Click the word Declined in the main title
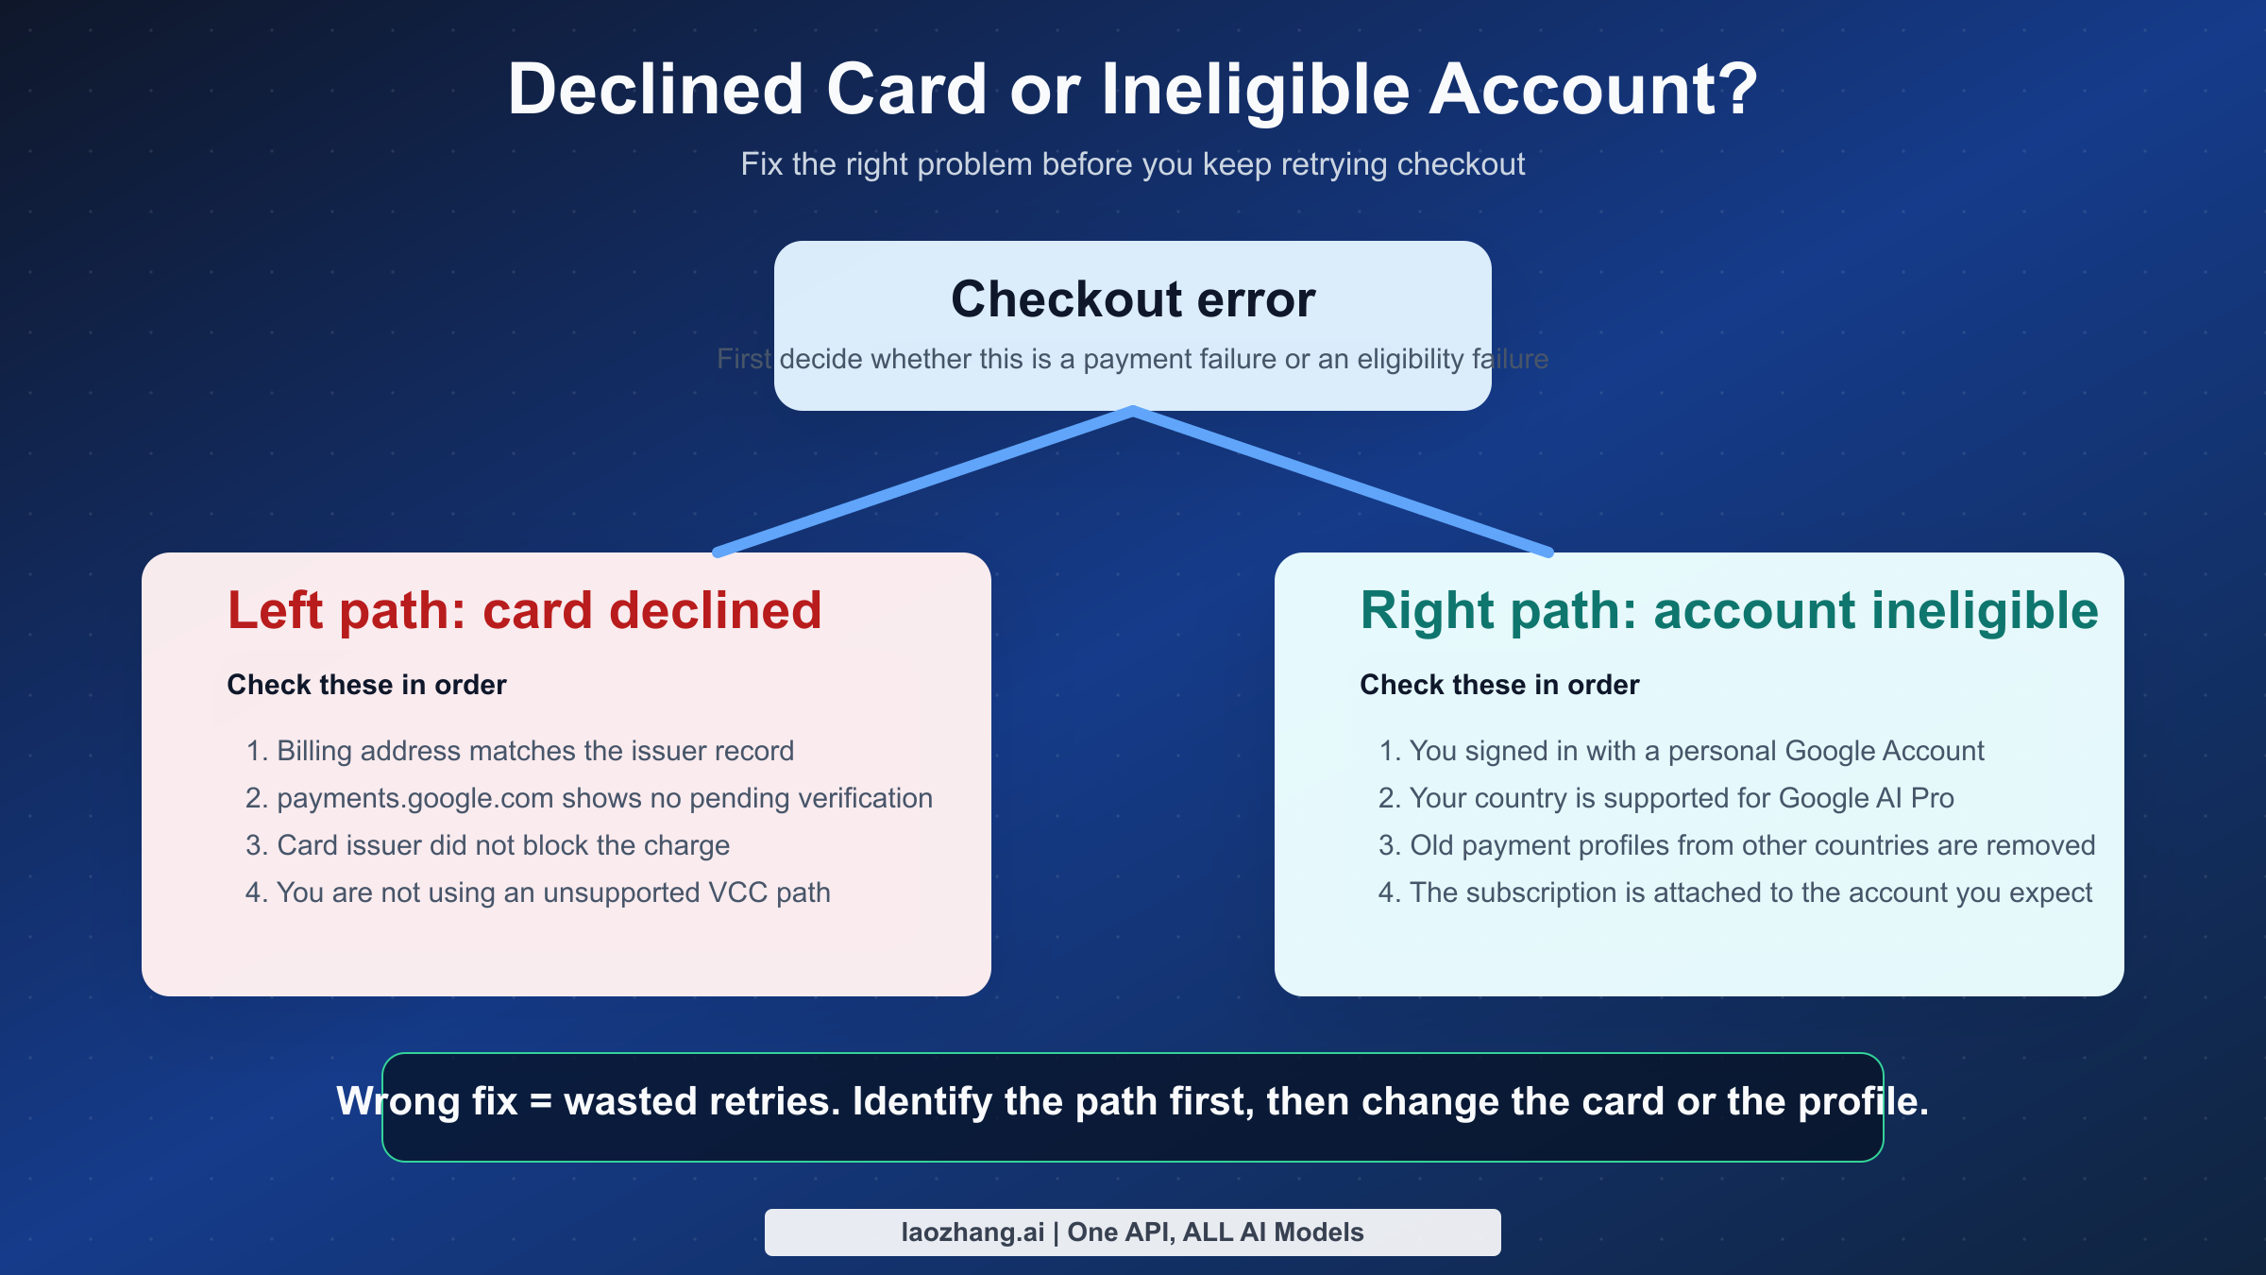tap(655, 90)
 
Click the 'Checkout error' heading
tap(1133, 299)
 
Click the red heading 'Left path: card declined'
tap(524, 610)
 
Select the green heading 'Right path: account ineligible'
tap(1728, 610)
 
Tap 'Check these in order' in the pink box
tap(366, 685)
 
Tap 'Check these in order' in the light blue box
tap(1499, 685)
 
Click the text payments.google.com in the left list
tap(414, 798)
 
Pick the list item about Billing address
tap(519, 751)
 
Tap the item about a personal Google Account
tap(1681, 751)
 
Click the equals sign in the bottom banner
tap(540, 1102)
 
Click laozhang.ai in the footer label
tap(972, 1232)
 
